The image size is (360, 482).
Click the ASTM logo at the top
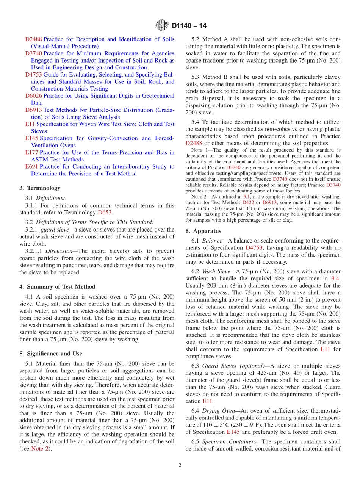click(x=162, y=26)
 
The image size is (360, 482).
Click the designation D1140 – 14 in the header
click(x=189, y=26)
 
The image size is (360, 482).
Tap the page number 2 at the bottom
click(x=180, y=465)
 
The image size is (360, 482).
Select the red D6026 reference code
click(x=33, y=96)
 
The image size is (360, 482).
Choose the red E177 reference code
click(x=31, y=152)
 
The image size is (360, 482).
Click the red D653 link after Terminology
click(x=105, y=213)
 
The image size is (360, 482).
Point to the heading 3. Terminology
click(x=40, y=188)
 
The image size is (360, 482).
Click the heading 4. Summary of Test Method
click(x=57, y=287)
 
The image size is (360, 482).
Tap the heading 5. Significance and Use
click(x=50, y=354)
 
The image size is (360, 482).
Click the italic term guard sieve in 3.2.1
click(x=52, y=230)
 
